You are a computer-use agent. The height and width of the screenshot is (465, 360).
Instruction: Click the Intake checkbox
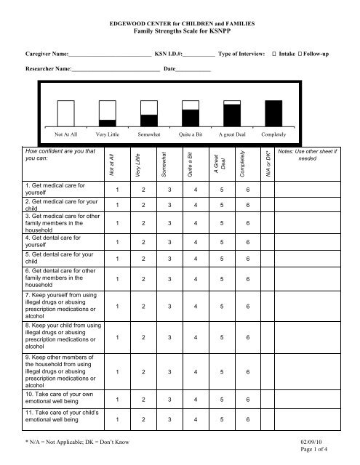pyautogui.click(x=273, y=54)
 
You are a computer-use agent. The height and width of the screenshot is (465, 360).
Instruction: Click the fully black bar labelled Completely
pyautogui.click(x=273, y=113)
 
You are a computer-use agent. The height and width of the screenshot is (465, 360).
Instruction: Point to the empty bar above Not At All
pyautogui.click(x=67, y=113)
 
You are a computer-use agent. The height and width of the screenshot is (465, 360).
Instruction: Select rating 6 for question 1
pyautogui.click(x=249, y=190)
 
